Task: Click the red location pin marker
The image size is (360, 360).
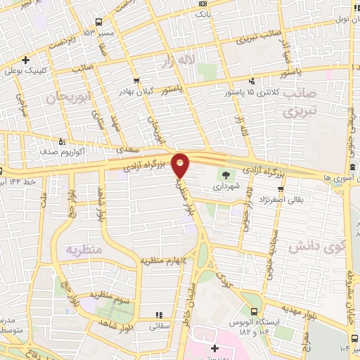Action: click(181, 165)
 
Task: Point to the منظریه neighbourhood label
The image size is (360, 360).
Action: click(84, 250)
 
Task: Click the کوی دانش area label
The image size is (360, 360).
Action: click(317, 247)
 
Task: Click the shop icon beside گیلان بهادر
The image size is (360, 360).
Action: click(136, 80)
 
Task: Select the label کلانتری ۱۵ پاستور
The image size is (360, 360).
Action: click(252, 93)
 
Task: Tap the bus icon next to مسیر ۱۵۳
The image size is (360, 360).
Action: click(98, 22)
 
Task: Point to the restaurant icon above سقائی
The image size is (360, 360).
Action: click(158, 314)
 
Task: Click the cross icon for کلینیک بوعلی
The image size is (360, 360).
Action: click(25, 60)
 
